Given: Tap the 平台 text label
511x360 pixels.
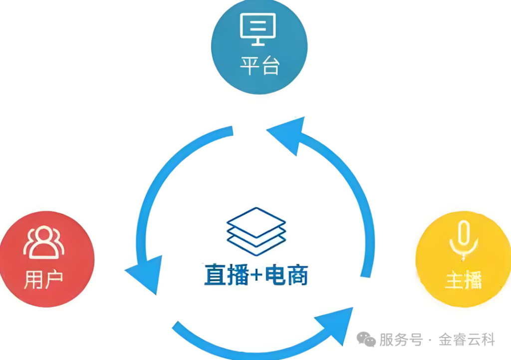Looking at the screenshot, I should click(259, 65).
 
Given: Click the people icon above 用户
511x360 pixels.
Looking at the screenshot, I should click(43, 243).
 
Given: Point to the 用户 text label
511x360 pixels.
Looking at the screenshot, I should click(43, 280).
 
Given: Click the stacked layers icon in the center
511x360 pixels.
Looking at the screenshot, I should click(256, 228).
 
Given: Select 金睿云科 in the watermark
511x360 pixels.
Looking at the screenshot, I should click(467, 340).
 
